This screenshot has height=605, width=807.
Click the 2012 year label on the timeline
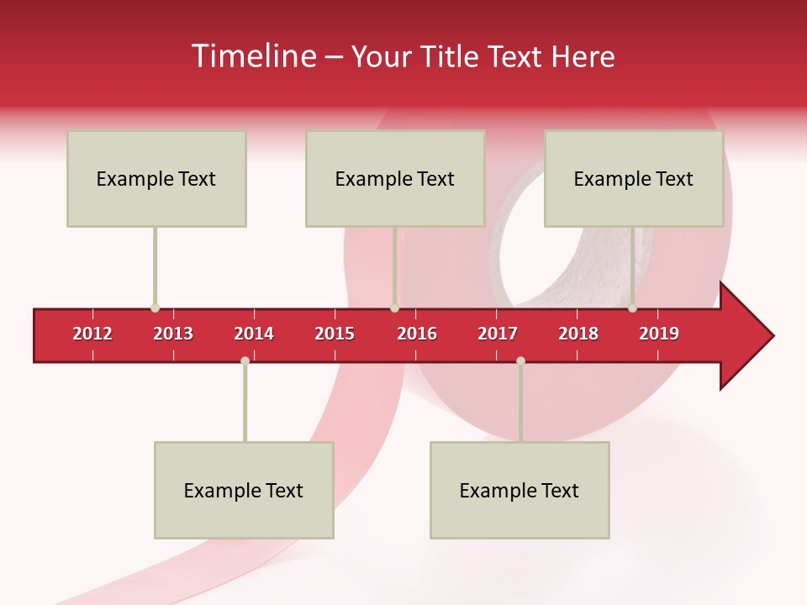tap(92, 334)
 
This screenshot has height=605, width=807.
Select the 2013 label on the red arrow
tap(173, 334)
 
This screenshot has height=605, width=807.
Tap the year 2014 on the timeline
tap(254, 334)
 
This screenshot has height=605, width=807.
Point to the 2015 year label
tap(335, 334)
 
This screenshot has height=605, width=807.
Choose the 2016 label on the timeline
tap(417, 334)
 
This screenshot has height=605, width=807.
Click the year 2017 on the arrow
tap(498, 334)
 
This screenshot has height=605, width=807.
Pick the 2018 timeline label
tap(578, 334)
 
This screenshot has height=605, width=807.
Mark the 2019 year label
tap(659, 334)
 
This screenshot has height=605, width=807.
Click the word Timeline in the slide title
tap(252, 56)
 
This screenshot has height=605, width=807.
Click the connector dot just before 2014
tap(245, 360)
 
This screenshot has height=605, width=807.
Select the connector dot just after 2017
tap(520, 360)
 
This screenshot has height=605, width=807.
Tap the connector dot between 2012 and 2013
tap(155, 308)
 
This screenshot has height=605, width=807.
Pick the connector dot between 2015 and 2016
tap(394, 308)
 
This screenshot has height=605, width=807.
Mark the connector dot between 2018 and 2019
tap(632, 308)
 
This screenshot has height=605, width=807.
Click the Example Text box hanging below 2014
tap(244, 490)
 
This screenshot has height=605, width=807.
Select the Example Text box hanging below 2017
tap(520, 490)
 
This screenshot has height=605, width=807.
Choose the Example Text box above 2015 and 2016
tap(395, 178)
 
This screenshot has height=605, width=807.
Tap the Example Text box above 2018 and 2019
tap(634, 178)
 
